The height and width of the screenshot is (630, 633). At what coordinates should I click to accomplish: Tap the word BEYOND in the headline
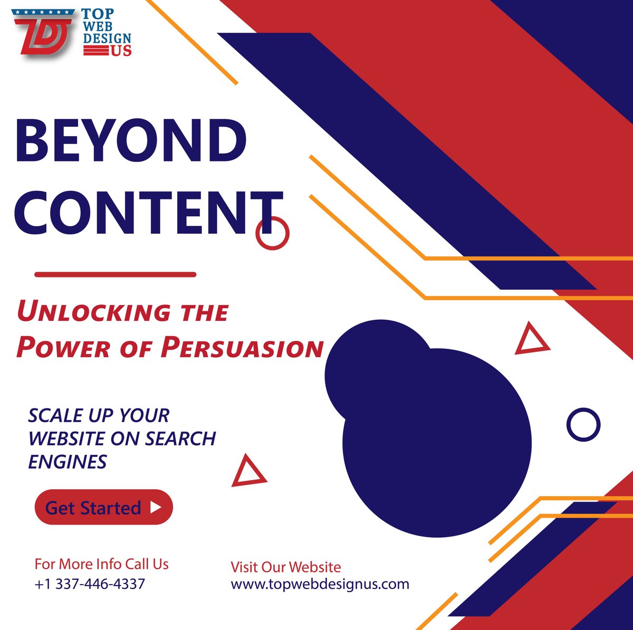pyautogui.click(x=131, y=140)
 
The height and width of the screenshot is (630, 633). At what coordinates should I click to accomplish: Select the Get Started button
pyautogui.click(x=103, y=507)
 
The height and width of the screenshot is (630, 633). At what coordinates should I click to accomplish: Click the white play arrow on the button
pyautogui.click(x=156, y=507)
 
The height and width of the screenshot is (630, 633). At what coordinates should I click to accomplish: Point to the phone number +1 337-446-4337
pyautogui.click(x=90, y=584)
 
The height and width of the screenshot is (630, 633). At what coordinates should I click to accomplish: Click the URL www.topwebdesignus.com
pyautogui.click(x=320, y=584)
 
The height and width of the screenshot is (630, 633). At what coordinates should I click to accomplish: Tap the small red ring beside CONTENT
pyautogui.click(x=272, y=233)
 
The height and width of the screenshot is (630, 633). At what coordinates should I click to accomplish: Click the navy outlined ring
pyautogui.click(x=583, y=424)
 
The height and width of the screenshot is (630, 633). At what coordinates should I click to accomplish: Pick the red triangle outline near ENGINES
pyautogui.click(x=248, y=471)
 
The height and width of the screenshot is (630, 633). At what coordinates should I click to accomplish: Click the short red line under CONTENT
pyautogui.click(x=115, y=274)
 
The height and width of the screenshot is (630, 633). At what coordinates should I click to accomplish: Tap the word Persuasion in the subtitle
pyautogui.click(x=242, y=348)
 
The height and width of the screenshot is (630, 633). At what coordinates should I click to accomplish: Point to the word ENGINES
pyautogui.click(x=68, y=462)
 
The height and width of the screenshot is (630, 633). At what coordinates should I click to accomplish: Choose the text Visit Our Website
pyautogui.click(x=285, y=567)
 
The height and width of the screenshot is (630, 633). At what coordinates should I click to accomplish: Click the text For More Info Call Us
pyautogui.click(x=101, y=564)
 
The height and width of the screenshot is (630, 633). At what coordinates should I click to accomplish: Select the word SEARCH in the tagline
pyautogui.click(x=180, y=438)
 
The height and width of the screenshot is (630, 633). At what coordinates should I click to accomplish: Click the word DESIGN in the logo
pyautogui.click(x=107, y=39)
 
